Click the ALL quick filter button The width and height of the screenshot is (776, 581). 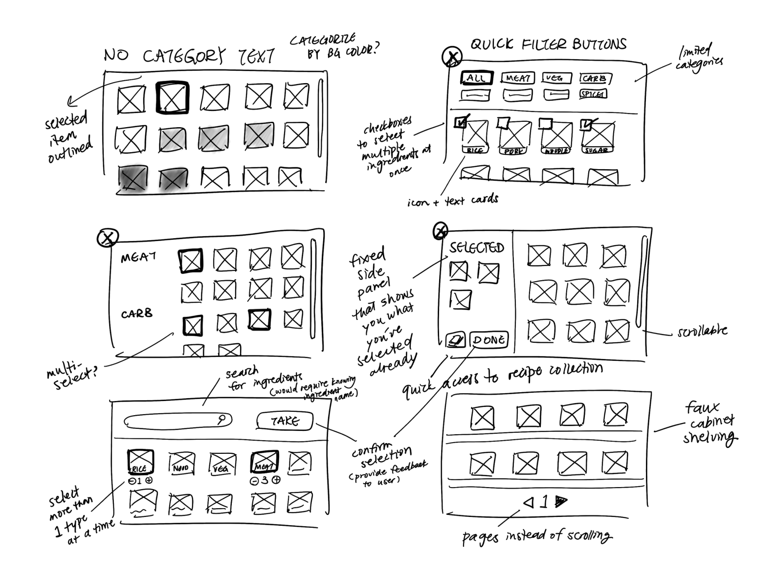[x=476, y=78]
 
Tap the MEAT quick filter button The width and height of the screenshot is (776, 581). [x=517, y=78]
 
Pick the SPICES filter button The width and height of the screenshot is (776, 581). [x=593, y=94]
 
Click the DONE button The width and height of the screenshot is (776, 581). [x=488, y=340]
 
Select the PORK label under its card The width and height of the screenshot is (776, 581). [x=513, y=152]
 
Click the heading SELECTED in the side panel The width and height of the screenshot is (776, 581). [x=477, y=247]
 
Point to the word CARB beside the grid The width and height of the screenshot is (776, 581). [x=137, y=313]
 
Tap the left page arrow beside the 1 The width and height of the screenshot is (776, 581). [x=528, y=502]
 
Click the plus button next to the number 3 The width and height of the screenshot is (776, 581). [x=276, y=480]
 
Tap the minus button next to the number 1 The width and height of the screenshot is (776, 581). [x=132, y=481]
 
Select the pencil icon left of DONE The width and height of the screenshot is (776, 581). [x=455, y=340]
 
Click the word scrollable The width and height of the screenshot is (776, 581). [x=702, y=332]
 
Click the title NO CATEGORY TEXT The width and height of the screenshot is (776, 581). [x=189, y=56]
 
